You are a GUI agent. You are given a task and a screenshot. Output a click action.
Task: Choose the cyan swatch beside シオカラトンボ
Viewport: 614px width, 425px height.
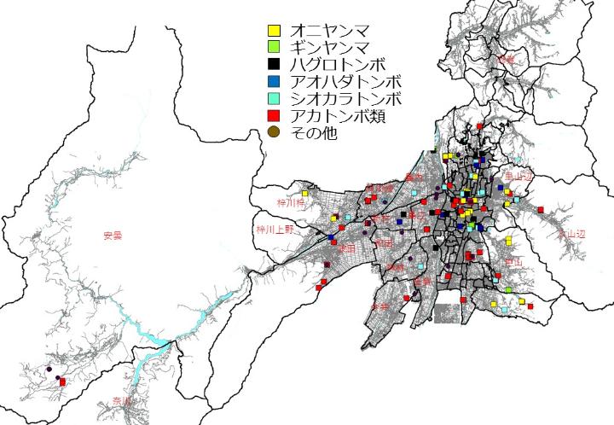click(273, 98)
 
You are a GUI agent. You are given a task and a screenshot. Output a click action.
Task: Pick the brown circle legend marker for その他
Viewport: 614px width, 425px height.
click(273, 131)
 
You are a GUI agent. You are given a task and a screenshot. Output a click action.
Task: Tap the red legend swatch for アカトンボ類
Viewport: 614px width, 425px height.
click(273, 115)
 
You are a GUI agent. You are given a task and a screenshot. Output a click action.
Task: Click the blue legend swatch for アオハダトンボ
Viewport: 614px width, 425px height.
click(273, 82)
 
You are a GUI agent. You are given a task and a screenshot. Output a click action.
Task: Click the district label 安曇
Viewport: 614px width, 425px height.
click(112, 236)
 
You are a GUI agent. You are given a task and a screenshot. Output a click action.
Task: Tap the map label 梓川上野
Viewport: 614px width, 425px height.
click(275, 230)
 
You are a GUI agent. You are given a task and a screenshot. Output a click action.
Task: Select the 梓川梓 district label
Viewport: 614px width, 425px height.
click(290, 204)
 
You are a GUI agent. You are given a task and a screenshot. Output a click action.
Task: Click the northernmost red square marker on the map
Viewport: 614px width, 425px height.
click(481, 126)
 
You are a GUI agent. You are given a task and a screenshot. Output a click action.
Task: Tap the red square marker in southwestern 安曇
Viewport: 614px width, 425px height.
click(62, 393)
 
